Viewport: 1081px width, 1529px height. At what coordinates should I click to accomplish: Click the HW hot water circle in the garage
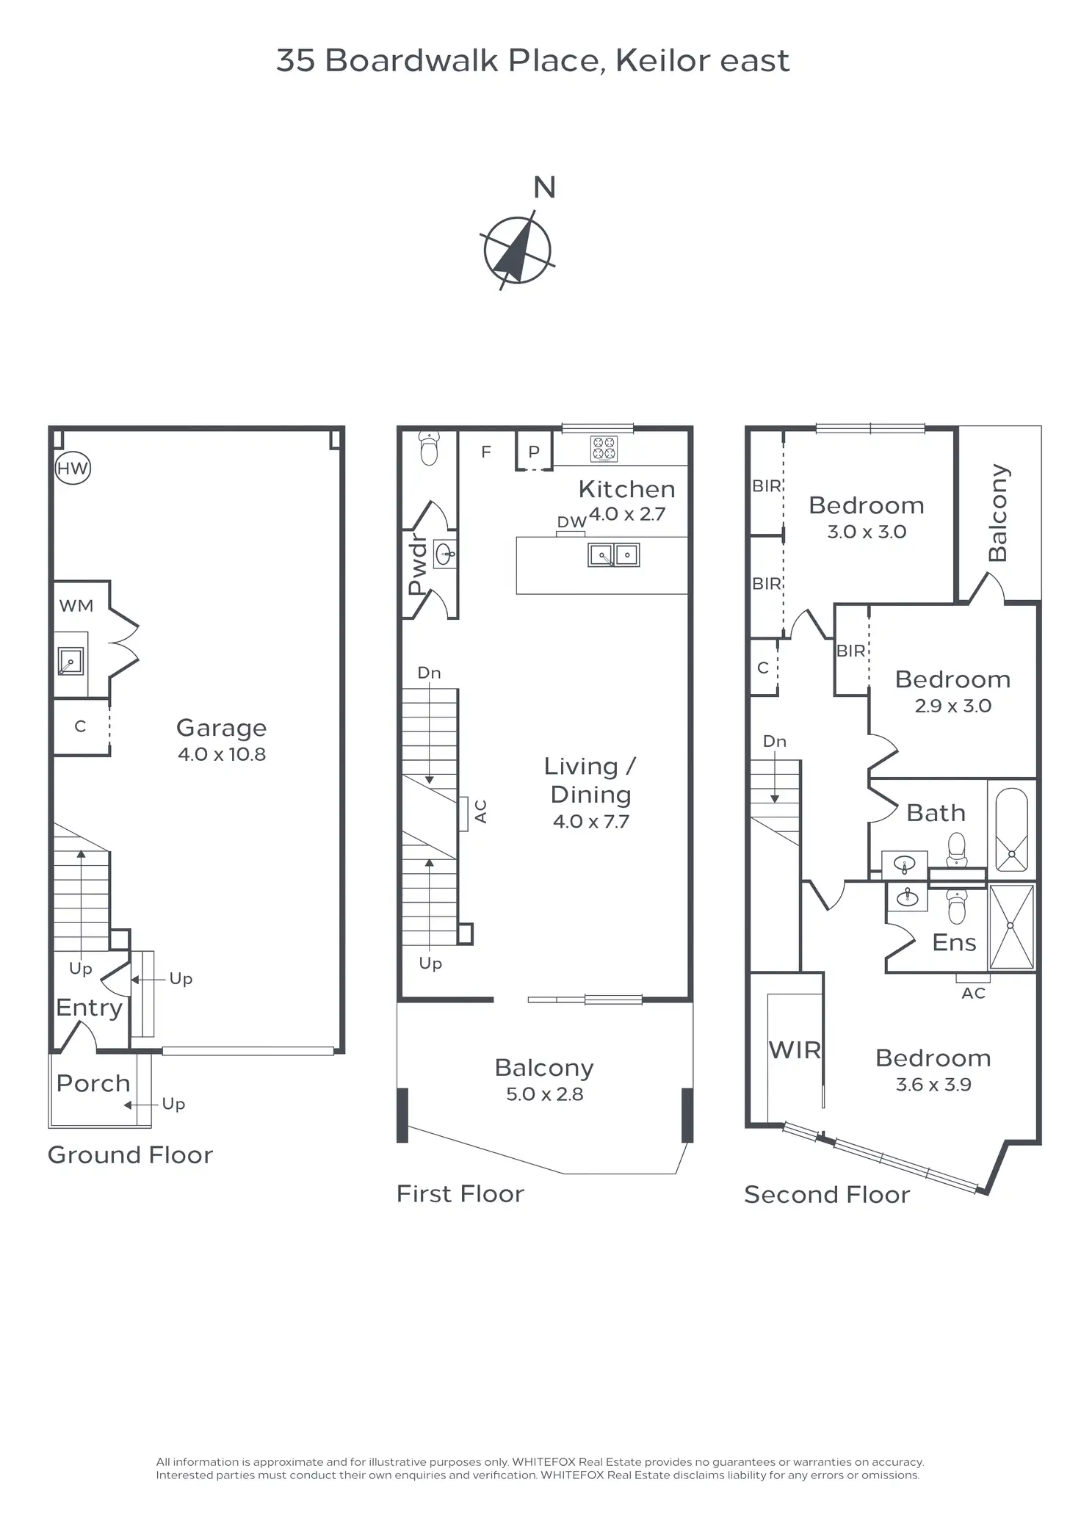pyautogui.click(x=73, y=468)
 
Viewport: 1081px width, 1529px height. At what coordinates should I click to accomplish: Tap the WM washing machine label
pyautogui.click(x=76, y=606)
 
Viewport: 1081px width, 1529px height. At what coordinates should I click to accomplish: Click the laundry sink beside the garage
pyautogui.click(x=70, y=662)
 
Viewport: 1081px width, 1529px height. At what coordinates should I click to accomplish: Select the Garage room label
pyautogui.click(x=221, y=728)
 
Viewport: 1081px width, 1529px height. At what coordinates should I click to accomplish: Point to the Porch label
pyautogui.click(x=93, y=1083)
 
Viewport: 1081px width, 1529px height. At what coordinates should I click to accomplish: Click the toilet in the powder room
pyautogui.click(x=430, y=448)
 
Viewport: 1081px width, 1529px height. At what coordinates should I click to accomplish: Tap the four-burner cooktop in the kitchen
pyautogui.click(x=604, y=449)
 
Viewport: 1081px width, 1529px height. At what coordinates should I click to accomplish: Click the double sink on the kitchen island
pyautogui.click(x=614, y=554)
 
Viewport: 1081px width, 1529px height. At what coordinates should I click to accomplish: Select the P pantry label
pyautogui.click(x=534, y=452)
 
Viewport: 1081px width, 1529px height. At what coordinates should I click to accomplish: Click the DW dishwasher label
pyautogui.click(x=571, y=521)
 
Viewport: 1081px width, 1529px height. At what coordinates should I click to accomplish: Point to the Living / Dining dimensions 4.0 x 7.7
pyautogui.click(x=591, y=821)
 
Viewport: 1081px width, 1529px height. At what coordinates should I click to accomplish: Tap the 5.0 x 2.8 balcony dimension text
pyautogui.click(x=545, y=1094)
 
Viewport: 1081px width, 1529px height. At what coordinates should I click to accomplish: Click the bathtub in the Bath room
pyautogui.click(x=1012, y=830)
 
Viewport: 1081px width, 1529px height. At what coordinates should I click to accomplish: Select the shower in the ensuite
pyautogui.click(x=1011, y=927)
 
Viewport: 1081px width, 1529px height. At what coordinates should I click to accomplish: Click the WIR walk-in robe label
pyautogui.click(x=795, y=1050)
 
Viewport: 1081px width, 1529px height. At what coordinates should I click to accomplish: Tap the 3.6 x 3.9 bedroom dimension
pyautogui.click(x=933, y=1085)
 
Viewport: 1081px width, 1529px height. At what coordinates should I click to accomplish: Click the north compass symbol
pyautogui.click(x=518, y=250)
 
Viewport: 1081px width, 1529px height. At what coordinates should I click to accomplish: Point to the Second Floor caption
pyautogui.click(x=827, y=1195)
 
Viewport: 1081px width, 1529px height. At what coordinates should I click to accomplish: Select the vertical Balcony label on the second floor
pyautogui.click(x=998, y=513)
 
